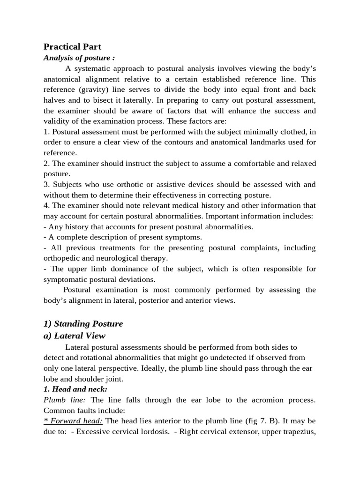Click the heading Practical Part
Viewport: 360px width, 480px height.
point(72,47)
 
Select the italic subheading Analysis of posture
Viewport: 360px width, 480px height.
point(79,58)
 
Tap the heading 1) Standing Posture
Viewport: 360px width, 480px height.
point(83,323)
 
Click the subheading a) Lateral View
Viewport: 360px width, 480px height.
point(75,336)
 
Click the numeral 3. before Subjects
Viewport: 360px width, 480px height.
point(46,184)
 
